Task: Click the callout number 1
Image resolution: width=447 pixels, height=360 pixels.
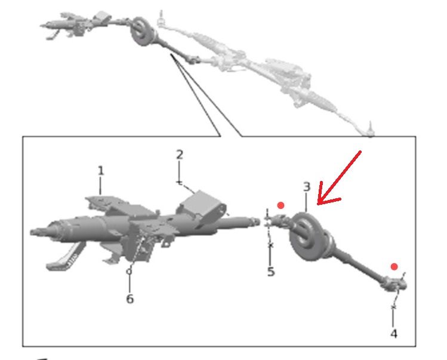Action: pos(101,171)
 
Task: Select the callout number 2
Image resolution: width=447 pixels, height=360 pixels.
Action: pos(180,155)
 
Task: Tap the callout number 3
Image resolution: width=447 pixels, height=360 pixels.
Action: pos(307,187)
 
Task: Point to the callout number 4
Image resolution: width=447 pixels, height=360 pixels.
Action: pos(394,334)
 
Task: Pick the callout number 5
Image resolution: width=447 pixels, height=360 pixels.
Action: pos(271,272)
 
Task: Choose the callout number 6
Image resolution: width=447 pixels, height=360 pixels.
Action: pos(130,299)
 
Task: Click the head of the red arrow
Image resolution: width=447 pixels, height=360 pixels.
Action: pos(318,204)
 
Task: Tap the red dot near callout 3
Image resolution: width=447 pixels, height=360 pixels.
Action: pos(281,205)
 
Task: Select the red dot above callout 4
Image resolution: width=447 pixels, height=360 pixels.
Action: pos(394,267)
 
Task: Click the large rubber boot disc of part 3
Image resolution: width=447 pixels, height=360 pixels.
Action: pos(306,236)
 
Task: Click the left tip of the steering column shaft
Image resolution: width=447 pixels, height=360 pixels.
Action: pos(31,232)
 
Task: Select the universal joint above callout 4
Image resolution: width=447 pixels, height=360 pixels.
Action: pos(395,285)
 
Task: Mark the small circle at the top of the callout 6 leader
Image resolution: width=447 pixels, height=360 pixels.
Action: pos(129,272)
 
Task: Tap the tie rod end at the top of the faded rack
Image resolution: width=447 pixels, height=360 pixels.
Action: pos(161,20)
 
